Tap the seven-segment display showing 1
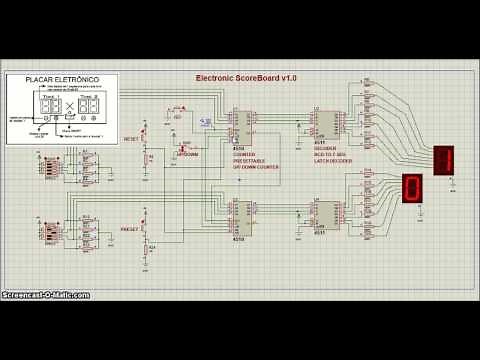point(444,159)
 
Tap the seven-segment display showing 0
point(411,187)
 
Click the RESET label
point(131,138)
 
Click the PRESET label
point(131,229)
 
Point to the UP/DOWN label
point(188,155)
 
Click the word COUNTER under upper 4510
point(243,155)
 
